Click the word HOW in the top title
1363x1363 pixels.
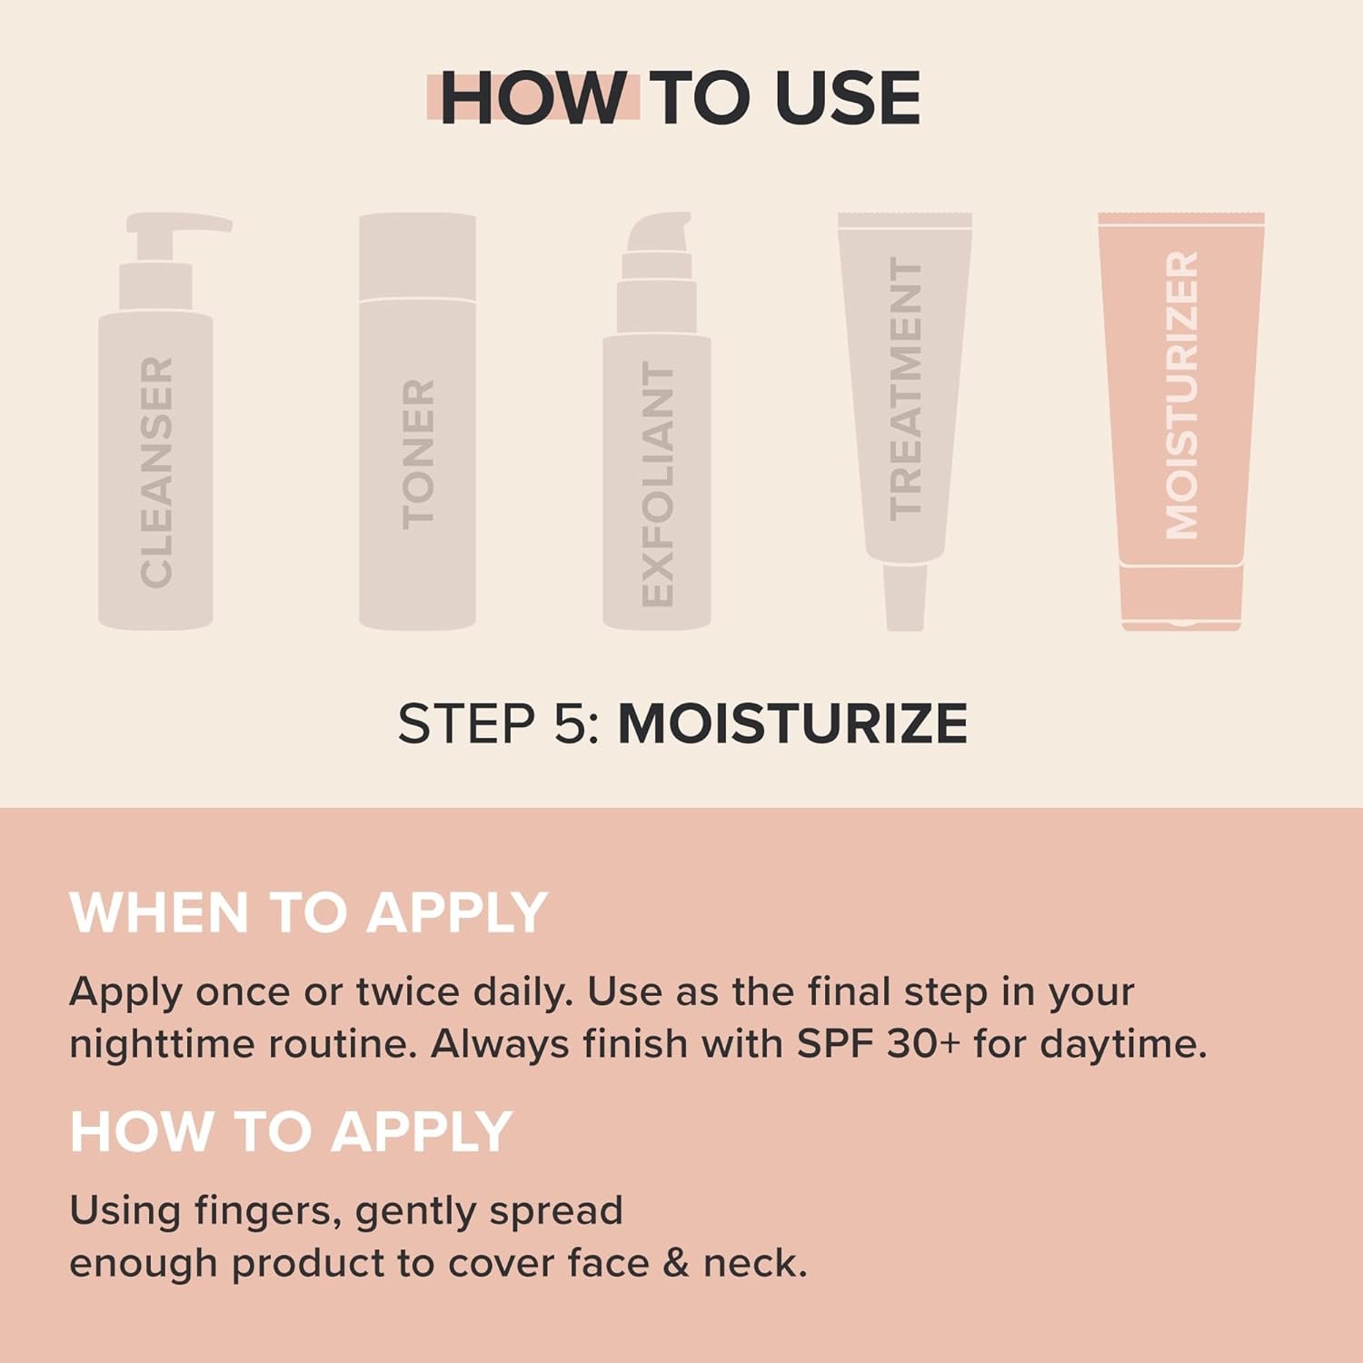[532, 97]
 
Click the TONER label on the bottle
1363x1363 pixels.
[418, 453]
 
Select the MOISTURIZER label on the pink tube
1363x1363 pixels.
[1181, 395]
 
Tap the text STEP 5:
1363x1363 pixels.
[498, 724]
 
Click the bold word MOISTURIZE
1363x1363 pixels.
[792, 724]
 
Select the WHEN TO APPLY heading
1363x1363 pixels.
[308, 912]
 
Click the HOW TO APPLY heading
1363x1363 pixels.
[291, 1132]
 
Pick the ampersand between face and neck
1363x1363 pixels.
[675, 1264]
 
